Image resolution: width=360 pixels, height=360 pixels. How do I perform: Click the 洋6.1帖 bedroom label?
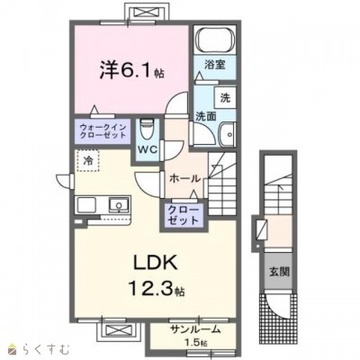(x=131, y=71)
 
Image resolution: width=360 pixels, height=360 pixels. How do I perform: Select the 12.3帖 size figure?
(x=157, y=288)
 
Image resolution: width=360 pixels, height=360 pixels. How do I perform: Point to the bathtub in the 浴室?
(x=214, y=40)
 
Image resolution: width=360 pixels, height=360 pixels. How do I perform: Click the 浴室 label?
(x=215, y=64)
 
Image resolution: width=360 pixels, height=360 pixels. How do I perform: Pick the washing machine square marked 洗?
(x=225, y=97)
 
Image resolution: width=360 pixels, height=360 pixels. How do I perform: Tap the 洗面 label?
(x=206, y=116)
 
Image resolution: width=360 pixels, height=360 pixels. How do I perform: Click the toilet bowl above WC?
(x=147, y=129)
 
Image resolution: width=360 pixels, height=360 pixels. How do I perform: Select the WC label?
(x=147, y=149)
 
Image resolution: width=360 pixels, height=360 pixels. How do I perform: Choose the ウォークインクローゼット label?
(x=103, y=130)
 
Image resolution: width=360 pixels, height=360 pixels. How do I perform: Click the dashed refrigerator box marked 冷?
(x=88, y=160)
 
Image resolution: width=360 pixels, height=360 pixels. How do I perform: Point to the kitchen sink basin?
(x=119, y=205)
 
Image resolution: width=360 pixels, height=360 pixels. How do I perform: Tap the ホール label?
(x=184, y=179)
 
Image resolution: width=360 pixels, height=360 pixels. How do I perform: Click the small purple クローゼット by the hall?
(x=183, y=215)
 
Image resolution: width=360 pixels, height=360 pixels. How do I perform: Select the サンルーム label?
(x=195, y=329)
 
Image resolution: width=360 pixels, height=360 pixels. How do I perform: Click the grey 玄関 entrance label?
(x=279, y=272)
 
